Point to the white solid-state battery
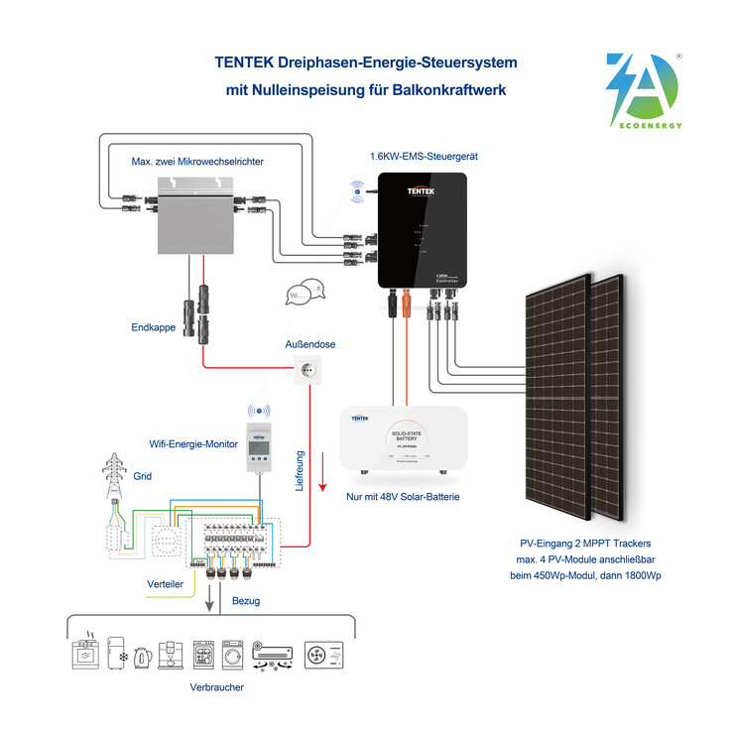coord(404,437)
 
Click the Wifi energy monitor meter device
coord(259,447)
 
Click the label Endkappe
coord(153,325)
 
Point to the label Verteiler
coord(165,585)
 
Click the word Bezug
coord(246,601)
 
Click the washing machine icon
coord(233,655)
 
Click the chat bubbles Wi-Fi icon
coord(305,295)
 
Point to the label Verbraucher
coord(216,686)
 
